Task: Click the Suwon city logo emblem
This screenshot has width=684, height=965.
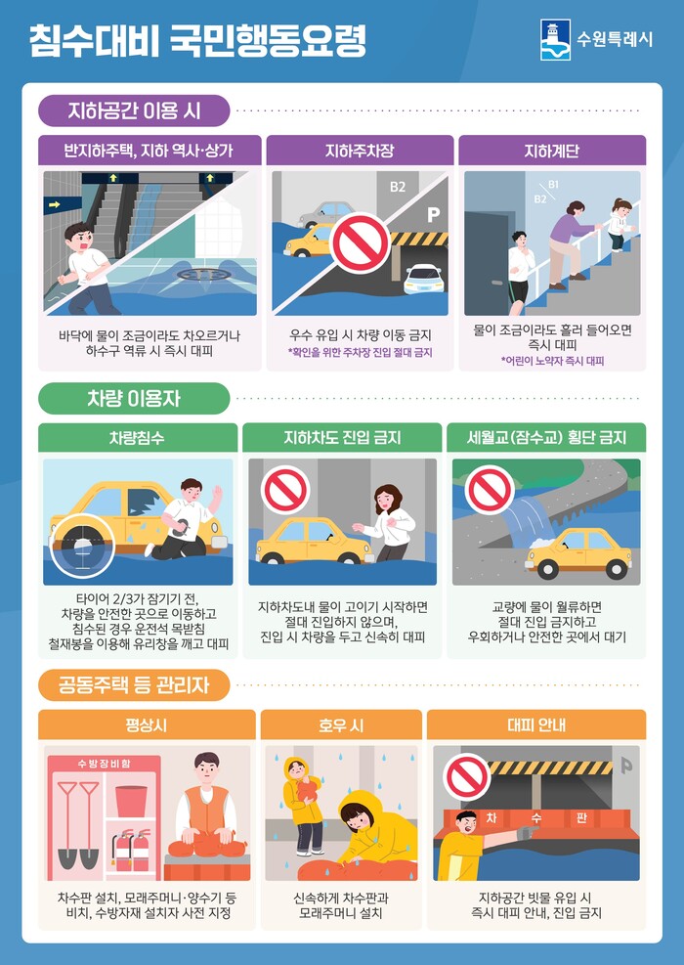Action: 555,40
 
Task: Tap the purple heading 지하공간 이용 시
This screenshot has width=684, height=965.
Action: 134,111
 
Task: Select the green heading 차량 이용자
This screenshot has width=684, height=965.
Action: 134,399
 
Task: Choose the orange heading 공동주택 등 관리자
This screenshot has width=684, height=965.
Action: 134,685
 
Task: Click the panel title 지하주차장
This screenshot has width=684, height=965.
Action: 360,151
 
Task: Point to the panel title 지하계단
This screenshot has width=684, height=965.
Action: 552,151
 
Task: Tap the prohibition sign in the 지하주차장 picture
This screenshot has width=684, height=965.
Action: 360,243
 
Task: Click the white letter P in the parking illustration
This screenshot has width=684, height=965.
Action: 434,214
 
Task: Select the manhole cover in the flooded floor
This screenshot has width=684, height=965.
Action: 204,275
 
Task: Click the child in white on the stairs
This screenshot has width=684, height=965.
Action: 621,224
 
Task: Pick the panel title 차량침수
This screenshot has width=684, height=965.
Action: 137,438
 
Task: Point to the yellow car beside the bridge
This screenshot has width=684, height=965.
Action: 578,553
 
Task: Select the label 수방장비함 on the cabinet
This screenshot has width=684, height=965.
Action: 104,764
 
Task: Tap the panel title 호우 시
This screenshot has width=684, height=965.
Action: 341,725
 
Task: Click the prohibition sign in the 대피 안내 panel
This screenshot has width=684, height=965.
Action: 467,777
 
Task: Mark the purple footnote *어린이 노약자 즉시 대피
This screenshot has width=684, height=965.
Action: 552,361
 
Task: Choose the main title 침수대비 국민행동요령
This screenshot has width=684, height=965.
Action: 198,41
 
